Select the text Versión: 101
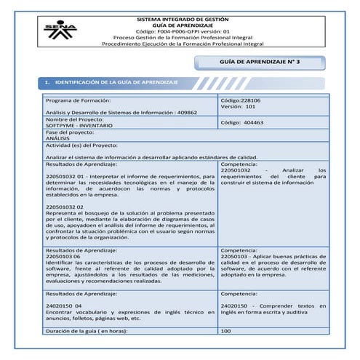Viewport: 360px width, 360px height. coord(236,105)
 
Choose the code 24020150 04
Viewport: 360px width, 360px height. coord(63,306)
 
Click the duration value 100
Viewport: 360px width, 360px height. coord(225,331)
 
